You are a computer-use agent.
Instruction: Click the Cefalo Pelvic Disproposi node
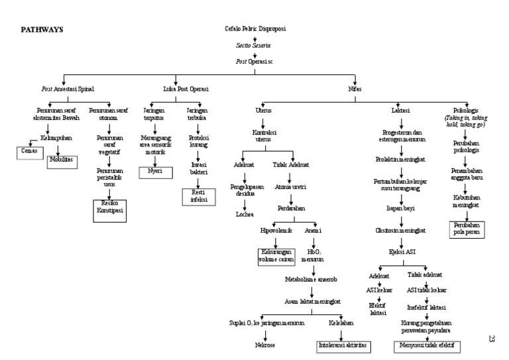tap(255, 29)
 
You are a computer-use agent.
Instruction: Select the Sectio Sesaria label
tap(254, 45)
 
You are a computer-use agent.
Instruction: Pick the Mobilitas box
tap(62, 160)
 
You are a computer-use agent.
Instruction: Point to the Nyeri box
tap(155, 171)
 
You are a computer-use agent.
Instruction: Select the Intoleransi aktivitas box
tap(341, 345)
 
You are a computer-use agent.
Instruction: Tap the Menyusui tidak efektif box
tap(427, 345)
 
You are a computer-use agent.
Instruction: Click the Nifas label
tap(355, 88)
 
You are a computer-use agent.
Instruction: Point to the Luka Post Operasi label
tap(186, 88)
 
